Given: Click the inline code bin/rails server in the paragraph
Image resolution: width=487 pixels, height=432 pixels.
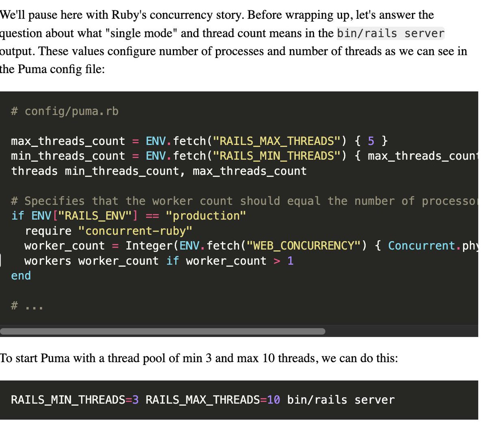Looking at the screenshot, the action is [390, 33].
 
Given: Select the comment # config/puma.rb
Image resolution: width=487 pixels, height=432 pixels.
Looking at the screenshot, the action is [65, 111].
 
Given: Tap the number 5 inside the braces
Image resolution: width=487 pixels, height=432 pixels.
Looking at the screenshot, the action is [371, 141].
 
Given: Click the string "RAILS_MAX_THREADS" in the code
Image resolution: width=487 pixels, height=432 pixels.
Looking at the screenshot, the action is [277, 141].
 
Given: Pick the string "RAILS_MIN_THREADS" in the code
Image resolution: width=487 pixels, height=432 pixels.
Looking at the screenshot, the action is [277, 156].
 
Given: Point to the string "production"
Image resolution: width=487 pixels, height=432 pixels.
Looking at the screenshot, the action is [206, 216].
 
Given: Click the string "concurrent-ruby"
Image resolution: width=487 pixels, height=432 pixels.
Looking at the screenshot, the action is [135, 231].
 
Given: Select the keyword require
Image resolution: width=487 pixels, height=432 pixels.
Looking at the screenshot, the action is [48, 231].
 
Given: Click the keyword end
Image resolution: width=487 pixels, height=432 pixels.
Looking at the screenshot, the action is [21, 276].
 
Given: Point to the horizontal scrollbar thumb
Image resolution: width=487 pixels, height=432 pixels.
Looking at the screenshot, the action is [162, 331].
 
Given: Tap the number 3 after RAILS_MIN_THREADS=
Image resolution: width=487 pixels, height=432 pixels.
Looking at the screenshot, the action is [136, 400].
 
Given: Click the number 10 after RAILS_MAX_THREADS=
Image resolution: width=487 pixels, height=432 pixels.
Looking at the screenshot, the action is [274, 400].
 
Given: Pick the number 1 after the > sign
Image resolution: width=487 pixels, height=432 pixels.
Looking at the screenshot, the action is [290, 261].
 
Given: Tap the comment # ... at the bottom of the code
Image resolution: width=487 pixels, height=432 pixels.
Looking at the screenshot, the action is [27, 306].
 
